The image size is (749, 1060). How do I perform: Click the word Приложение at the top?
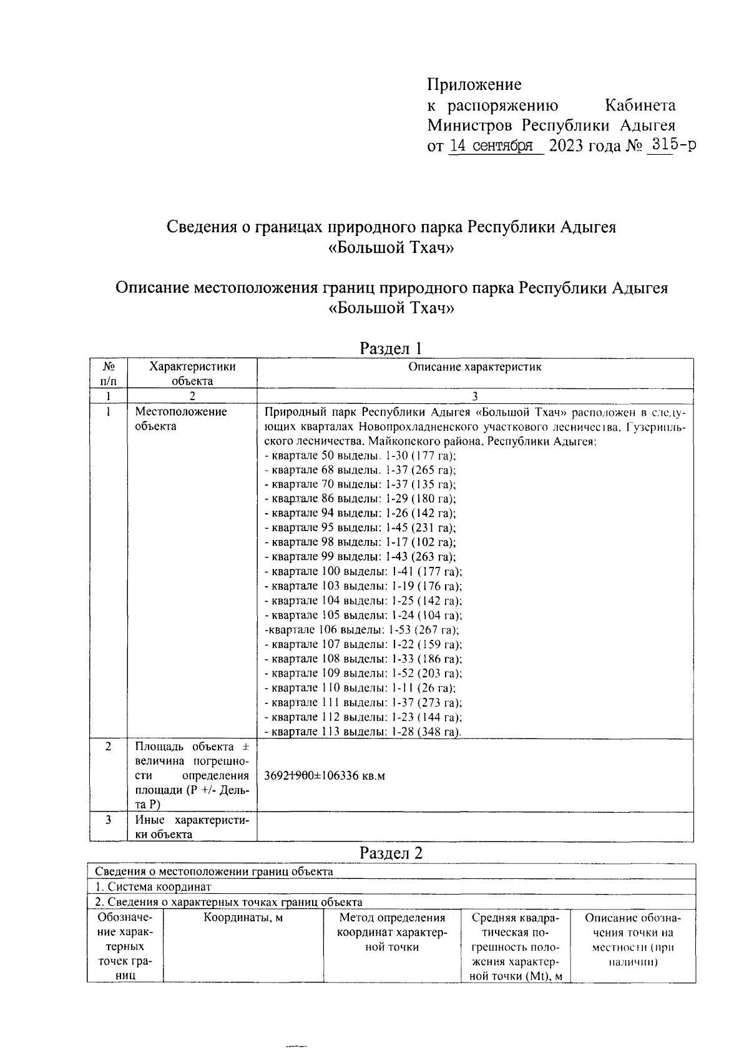click(474, 84)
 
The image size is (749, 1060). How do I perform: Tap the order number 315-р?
click(672, 145)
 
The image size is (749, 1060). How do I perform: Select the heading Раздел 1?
click(391, 348)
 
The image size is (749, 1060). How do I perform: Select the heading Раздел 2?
click(391, 853)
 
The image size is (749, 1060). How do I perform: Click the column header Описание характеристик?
click(474, 367)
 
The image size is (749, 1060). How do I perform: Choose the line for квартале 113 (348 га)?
click(363, 731)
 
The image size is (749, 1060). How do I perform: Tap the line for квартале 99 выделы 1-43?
click(360, 557)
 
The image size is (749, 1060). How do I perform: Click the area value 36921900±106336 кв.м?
click(325, 776)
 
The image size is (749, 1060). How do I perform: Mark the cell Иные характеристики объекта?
click(192, 827)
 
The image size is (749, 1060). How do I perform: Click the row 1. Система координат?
click(154, 886)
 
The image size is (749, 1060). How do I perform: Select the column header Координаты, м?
click(243, 918)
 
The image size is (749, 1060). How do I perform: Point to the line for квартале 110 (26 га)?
click(360, 688)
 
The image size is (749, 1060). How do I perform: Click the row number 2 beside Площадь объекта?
click(108, 747)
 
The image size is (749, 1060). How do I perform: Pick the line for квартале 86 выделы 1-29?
click(360, 499)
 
